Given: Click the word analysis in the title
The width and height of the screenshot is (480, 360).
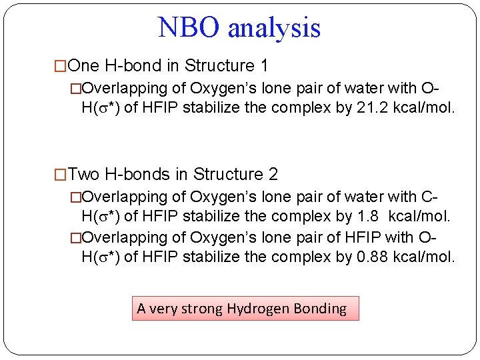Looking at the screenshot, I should coord(274,28).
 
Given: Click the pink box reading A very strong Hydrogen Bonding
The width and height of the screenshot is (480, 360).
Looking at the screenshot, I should coord(245,309).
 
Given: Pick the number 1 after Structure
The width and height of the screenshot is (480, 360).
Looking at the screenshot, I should coord(264,66).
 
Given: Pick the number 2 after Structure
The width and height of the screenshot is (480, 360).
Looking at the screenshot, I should coord(273,175).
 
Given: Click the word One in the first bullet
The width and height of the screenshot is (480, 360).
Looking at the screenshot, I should coord(83,66).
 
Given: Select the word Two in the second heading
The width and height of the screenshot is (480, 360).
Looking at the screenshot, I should coord(84,175).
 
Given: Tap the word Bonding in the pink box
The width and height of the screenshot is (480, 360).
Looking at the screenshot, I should coord(322,309).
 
